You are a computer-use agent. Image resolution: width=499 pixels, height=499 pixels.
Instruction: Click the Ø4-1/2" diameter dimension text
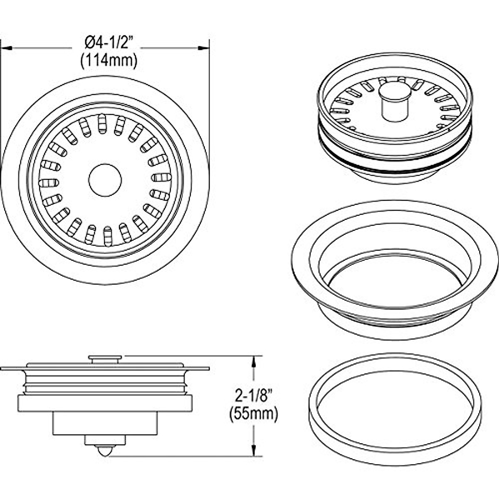tap(107, 43)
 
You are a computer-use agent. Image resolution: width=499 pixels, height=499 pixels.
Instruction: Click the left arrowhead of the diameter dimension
tap(7, 48)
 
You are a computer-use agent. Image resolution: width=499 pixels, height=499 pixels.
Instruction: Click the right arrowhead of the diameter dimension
tap(203, 48)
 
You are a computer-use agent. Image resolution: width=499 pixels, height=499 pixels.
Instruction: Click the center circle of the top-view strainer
tap(105, 180)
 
